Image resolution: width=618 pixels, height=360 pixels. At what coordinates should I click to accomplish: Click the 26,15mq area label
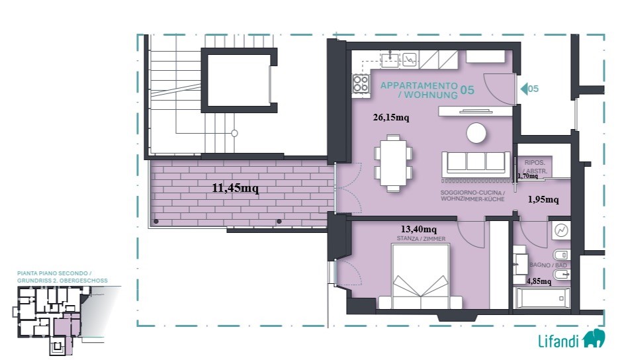point(391,118)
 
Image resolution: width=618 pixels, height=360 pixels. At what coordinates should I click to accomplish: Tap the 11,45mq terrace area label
point(236,188)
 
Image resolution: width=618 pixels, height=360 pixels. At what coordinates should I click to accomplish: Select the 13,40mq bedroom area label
point(419,229)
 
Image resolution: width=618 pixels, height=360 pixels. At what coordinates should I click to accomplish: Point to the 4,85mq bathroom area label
point(539,281)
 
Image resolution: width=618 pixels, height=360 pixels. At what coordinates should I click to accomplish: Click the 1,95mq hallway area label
point(543,199)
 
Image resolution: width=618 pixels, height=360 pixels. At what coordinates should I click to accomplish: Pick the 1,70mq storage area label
point(527,176)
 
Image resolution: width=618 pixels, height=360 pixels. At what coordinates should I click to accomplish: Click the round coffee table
point(476,133)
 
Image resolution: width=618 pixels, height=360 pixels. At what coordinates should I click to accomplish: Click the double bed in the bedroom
point(421,276)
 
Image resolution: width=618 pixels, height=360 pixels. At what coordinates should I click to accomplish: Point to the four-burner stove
point(361,83)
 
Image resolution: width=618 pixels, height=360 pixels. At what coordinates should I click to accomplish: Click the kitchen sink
point(390,60)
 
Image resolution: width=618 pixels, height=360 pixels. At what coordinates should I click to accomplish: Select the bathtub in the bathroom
point(542,298)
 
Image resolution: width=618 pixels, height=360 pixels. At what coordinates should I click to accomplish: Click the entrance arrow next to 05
point(524,89)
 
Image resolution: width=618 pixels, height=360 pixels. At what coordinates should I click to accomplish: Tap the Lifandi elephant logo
point(594,339)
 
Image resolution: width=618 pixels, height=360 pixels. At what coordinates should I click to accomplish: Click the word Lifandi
point(558,340)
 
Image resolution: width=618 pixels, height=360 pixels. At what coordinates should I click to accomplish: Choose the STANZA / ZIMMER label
point(421,238)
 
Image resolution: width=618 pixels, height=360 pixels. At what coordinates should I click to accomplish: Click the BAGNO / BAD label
point(549,265)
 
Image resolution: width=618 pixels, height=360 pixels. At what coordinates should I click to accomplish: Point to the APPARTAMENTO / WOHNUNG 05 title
point(427,90)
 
